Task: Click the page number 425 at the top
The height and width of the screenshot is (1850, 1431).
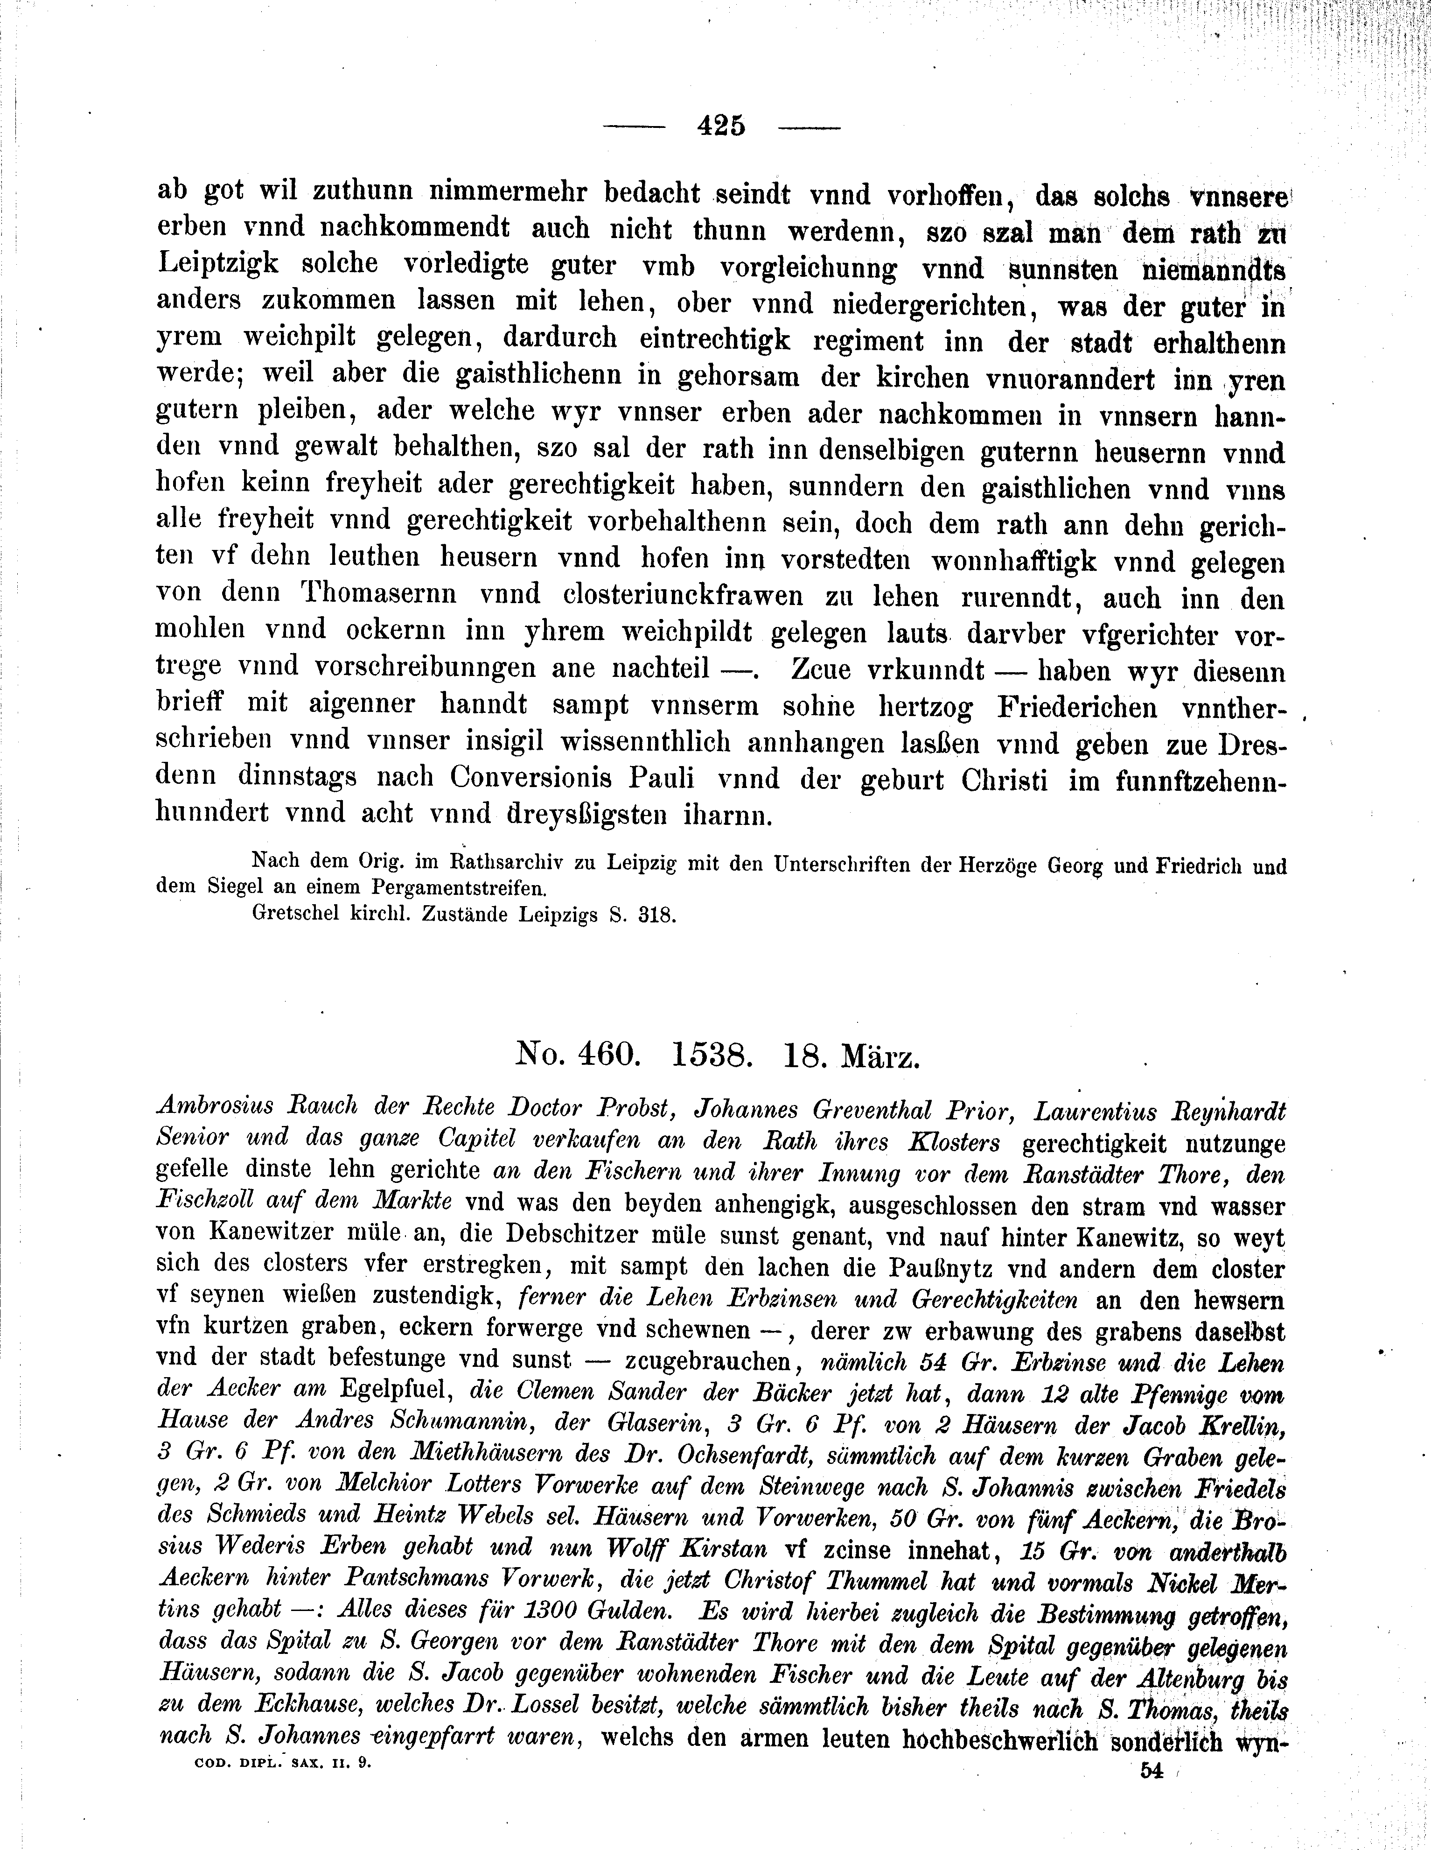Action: [x=720, y=126]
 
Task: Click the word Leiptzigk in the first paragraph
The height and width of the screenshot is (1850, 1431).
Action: [x=217, y=265]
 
